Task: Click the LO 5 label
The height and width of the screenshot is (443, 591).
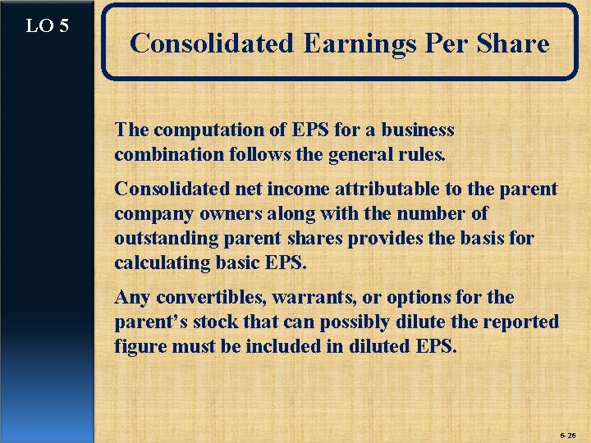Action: coord(47,25)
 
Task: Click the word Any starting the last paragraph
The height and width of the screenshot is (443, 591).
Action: coord(131,297)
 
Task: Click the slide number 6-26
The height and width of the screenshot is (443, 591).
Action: coord(567,432)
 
